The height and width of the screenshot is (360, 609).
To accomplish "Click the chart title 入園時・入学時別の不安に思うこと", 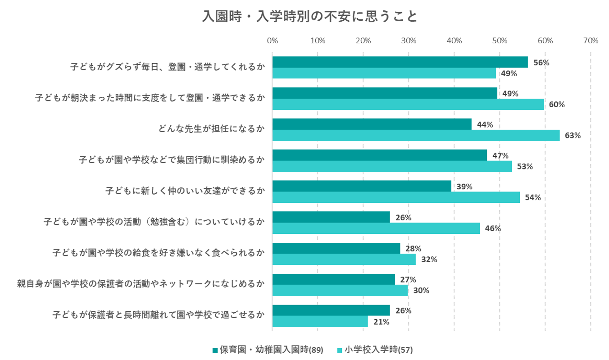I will coord(310,17).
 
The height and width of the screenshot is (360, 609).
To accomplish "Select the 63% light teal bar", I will coord(416,135).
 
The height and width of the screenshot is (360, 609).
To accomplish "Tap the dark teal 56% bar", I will coord(400,62).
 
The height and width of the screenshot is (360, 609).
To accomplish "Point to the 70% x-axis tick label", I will coord(590,41).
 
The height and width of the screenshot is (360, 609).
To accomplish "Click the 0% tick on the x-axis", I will coord(272,41).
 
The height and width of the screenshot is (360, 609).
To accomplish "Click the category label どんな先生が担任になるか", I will coord(211,129).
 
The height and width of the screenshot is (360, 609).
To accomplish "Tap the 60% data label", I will coord(556,105).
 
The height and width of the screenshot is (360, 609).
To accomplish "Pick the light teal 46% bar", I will coord(376,228).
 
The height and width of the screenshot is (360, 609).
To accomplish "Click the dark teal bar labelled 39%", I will coord(362,186).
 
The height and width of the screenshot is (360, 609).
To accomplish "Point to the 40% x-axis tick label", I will coord(454,41).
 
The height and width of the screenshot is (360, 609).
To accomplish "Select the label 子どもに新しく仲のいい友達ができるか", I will coord(185,191).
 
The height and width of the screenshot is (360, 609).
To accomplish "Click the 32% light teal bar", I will coord(344,260).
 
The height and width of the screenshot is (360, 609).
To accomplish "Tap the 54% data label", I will coord(532,197).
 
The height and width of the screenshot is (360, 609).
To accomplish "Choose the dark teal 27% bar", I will coord(333,279).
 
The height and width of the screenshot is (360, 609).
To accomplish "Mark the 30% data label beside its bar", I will coord(421,291).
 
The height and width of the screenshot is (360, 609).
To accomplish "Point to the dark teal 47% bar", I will coord(379,155).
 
